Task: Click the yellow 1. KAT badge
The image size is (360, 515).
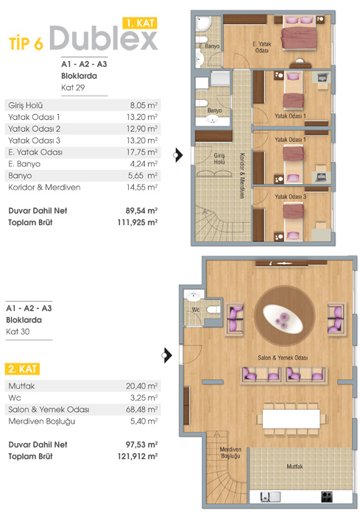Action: (140, 23)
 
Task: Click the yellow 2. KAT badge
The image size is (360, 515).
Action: (22, 369)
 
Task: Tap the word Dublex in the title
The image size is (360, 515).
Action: (104, 38)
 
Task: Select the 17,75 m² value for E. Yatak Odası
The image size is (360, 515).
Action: (142, 152)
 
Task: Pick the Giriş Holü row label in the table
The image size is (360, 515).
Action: (26, 105)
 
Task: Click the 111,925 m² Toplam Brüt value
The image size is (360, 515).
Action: (138, 222)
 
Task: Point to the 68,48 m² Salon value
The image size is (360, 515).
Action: (142, 410)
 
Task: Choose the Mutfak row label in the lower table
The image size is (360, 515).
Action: (21, 386)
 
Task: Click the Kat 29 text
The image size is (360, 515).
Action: (73, 88)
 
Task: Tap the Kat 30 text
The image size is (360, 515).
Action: (18, 332)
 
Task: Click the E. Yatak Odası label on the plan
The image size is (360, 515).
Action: (261, 47)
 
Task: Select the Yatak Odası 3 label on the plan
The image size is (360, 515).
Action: (290, 196)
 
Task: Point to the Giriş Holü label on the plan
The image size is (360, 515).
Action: (219, 158)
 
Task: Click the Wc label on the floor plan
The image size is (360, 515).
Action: (196, 310)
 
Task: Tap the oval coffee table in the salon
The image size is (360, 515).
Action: (283, 318)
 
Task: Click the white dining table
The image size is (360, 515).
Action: (292, 419)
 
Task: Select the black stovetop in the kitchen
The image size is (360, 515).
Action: (326, 497)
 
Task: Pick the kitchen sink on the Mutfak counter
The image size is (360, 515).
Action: (270, 497)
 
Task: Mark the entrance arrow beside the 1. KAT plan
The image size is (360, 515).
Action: (178, 154)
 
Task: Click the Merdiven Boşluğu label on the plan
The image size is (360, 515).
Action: (230, 452)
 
